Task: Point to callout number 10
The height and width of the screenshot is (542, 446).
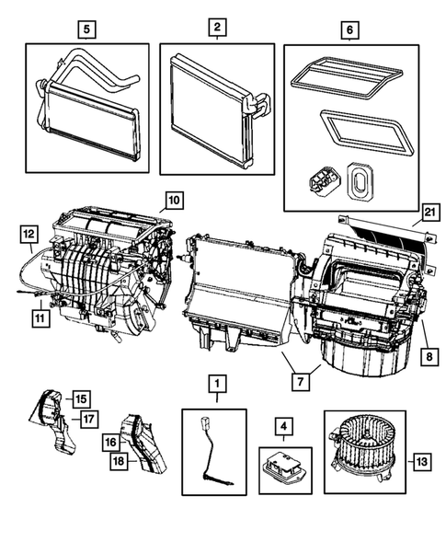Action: pyautogui.click(x=173, y=199)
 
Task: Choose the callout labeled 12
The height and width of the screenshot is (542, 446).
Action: pyautogui.click(x=29, y=234)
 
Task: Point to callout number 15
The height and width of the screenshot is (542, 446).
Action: pyautogui.click(x=81, y=398)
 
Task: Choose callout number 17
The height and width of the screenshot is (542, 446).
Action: pyautogui.click(x=90, y=421)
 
